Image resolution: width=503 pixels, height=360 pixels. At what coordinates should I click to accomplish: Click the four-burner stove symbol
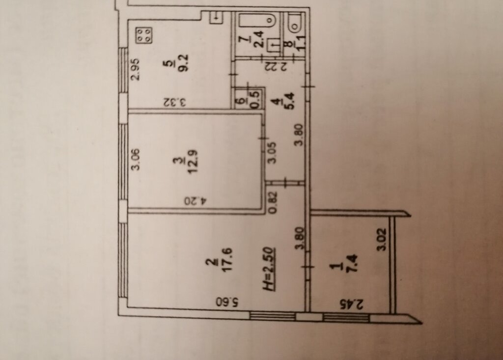coord(144,35)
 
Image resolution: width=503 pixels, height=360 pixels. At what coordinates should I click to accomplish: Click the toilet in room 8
coord(295,23)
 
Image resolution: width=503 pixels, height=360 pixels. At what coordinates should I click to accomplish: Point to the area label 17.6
coord(227,260)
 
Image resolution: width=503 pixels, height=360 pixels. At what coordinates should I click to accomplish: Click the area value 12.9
coord(194,161)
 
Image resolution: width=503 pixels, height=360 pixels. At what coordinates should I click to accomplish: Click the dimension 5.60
coord(227,302)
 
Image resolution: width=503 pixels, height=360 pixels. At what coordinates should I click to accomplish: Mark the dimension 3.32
coord(174,102)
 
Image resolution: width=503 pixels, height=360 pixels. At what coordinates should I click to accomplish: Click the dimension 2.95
coord(136,69)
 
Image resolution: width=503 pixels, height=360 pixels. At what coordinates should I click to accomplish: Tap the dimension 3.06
coord(136,159)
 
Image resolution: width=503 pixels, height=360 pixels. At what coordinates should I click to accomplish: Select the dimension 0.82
coord(273,202)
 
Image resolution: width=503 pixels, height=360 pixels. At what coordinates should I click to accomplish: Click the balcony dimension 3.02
coord(383,239)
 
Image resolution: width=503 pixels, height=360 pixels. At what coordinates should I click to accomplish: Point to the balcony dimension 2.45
coord(352,304)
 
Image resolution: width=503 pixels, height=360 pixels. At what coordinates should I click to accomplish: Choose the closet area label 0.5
coord(255,100)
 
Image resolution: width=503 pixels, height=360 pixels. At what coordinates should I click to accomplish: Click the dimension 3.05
coord(272,153)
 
